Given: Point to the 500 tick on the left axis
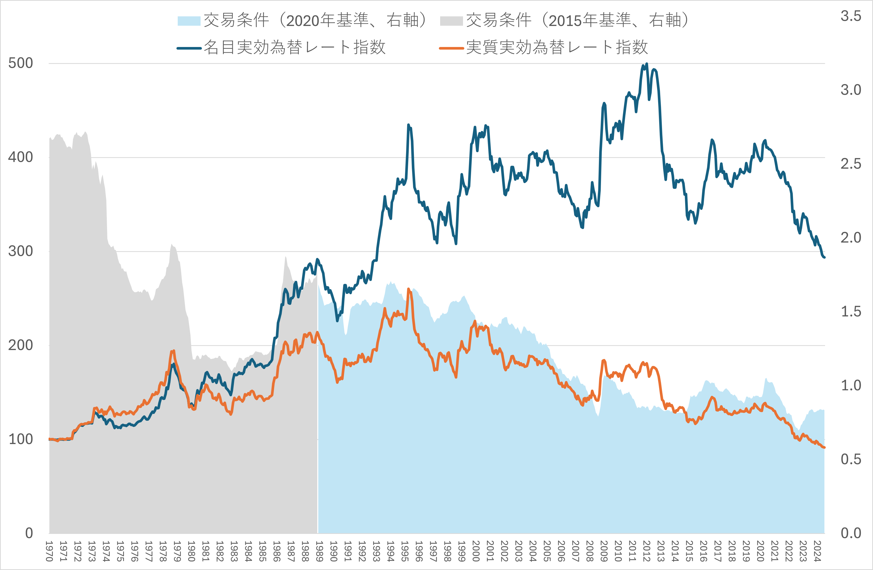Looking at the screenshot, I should [x=21, y=63].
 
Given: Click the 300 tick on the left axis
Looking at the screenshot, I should [x=21, y=251].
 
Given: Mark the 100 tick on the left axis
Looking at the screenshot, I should [x=21, y=439].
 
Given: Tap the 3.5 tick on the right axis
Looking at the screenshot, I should [x=851, y=16].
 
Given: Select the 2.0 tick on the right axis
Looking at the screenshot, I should [x=851, y=238].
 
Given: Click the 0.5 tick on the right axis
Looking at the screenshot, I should [x=851, y=459].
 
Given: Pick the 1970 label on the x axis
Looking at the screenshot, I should [x=49, y=551].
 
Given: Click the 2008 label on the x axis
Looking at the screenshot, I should [x=590, y=551].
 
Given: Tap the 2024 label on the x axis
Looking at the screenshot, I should [x=817, y=551].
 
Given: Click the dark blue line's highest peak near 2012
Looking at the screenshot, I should [x=646, y=64].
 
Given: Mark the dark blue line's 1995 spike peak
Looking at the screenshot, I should [x=408, y=125].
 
